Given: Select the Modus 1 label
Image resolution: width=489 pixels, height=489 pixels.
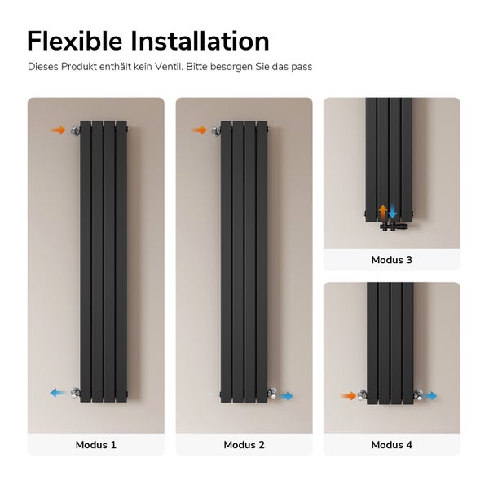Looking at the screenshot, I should tap(96, 445).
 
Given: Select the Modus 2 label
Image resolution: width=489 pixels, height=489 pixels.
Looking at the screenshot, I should tap(244, 445).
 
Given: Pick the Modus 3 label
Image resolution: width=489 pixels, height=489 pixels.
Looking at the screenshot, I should tap(391, 260).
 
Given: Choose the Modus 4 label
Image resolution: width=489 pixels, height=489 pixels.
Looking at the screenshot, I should tap(391, 445).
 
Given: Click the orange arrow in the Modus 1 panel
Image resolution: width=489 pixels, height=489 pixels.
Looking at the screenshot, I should tap(58, 130).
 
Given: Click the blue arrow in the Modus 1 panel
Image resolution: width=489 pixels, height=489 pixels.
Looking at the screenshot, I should tap(58, 393).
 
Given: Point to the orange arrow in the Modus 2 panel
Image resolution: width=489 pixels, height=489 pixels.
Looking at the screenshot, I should tap(200, 130).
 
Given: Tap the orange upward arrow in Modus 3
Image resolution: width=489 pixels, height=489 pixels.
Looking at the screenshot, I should tap(383, 212).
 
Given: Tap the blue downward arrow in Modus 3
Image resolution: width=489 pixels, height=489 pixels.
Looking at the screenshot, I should tap(393, 212).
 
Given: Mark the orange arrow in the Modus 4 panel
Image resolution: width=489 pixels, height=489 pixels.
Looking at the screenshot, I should tap(350, 396).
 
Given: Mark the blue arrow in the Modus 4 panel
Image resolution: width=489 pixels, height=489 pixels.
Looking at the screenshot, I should tap(430, 396).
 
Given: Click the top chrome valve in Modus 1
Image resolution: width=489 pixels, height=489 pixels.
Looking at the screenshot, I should tap(75, 130).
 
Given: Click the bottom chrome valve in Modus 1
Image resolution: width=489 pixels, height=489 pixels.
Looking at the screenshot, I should tap(75, 393).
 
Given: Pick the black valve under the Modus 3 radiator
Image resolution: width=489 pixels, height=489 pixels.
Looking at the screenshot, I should tap(388, 225).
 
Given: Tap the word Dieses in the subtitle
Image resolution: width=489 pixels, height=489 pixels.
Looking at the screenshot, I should tap(43, 66).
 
